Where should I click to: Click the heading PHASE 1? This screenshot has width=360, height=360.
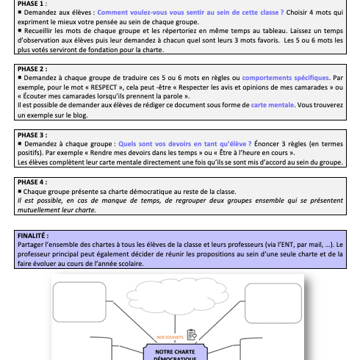point(32,4)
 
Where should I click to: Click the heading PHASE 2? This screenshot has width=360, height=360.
point(32,69)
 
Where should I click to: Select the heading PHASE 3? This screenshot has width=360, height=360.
point(32,135)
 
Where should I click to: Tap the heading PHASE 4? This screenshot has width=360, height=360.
point(32,182)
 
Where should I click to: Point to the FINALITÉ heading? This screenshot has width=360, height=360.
point(33,236)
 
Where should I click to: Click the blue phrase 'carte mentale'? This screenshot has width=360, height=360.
point(273,105)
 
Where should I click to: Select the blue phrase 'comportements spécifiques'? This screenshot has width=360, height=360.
point(286,78)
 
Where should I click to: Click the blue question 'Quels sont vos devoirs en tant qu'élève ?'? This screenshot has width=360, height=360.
point(185,144)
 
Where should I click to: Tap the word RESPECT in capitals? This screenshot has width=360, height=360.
point(104,87)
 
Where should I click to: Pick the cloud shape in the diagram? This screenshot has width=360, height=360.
point(178,295)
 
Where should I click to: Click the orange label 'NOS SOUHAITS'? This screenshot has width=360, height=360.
point(170,337)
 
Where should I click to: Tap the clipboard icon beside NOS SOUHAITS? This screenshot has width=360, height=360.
point(192,334)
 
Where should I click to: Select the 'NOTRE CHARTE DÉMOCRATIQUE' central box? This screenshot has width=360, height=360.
point(175,353)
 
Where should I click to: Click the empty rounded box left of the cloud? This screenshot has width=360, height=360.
point(79,302)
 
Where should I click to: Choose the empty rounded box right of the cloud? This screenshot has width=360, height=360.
point(273,303)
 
